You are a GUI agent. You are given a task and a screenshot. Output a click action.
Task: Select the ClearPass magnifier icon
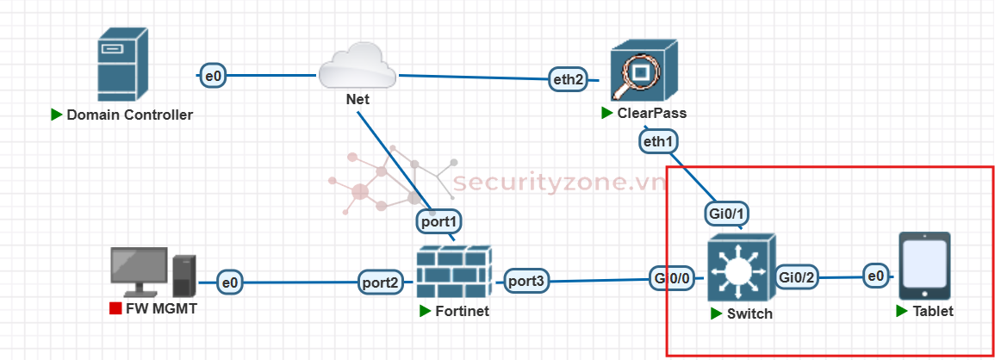click(x=640, y=73)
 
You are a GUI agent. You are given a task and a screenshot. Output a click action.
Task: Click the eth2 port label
click(x=569, y=79)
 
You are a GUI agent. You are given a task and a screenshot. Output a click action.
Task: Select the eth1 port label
click(x=658, y=140)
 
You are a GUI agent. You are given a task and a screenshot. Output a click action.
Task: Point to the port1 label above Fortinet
click(x=439, y=221)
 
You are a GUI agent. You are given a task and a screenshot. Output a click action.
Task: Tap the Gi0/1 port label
click(x=725, y=212)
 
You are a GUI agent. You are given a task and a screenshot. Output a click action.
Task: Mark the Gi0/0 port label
click(x=672, y=278)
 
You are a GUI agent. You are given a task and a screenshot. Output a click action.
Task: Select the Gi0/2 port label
click(x=797, y=276)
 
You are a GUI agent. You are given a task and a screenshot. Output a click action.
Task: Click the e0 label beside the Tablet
click(x=876, y=276)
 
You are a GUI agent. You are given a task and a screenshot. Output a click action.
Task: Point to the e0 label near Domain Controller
click(x=213, y=76)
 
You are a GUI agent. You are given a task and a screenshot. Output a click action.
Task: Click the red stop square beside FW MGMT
click(x=115, y=308)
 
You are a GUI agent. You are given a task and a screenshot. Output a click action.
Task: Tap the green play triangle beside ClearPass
click(x=607, y=114)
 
